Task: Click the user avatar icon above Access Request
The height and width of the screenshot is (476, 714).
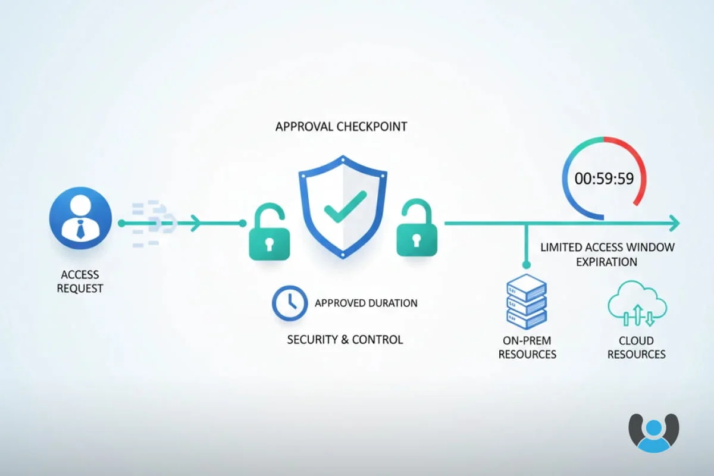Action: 80,218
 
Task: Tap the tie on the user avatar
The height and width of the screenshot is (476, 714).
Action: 80,230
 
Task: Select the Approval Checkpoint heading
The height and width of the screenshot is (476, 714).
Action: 341,127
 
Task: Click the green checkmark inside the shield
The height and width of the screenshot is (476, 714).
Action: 345,206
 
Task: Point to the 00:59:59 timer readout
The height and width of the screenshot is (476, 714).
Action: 604,178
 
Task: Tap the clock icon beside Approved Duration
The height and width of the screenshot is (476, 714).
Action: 290,303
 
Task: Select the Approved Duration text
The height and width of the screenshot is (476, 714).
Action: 366,303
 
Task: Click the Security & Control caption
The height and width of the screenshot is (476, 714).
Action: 345,340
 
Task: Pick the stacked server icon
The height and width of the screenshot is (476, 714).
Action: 527,302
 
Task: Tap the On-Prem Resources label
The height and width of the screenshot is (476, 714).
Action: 527,347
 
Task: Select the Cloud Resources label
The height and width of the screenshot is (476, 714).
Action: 636,347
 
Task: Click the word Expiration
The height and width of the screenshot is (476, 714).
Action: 606,262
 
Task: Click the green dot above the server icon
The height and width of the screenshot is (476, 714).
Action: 526,265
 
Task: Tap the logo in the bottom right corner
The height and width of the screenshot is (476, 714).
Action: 654,433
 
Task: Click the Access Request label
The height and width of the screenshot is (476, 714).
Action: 80,281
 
